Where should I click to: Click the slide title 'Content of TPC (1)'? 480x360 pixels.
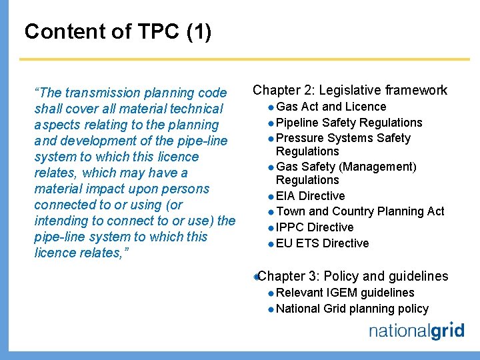coord(117,31)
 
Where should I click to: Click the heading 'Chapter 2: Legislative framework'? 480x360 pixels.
coord(350,90)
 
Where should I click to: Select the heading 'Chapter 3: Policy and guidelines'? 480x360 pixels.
coord(353,276)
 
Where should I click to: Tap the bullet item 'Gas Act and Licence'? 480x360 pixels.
coord(331,107)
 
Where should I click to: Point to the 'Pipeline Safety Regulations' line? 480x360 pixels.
coord(349,123)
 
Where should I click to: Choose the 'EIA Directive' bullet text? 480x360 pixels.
coord(310,196)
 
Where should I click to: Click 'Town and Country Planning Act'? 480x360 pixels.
coord(360,211)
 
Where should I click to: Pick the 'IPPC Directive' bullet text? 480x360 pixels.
coord(315,227)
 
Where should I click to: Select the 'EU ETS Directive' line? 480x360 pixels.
coord(322,243)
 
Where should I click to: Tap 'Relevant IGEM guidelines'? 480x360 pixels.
coord(345,293)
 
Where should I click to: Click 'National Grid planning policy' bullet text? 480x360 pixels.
coord(352,309)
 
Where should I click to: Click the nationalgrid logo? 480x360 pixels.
coord(416,331)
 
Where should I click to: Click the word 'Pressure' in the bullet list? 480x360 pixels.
coord(299,138)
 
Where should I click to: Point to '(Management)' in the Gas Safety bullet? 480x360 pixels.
coord(380,167)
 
